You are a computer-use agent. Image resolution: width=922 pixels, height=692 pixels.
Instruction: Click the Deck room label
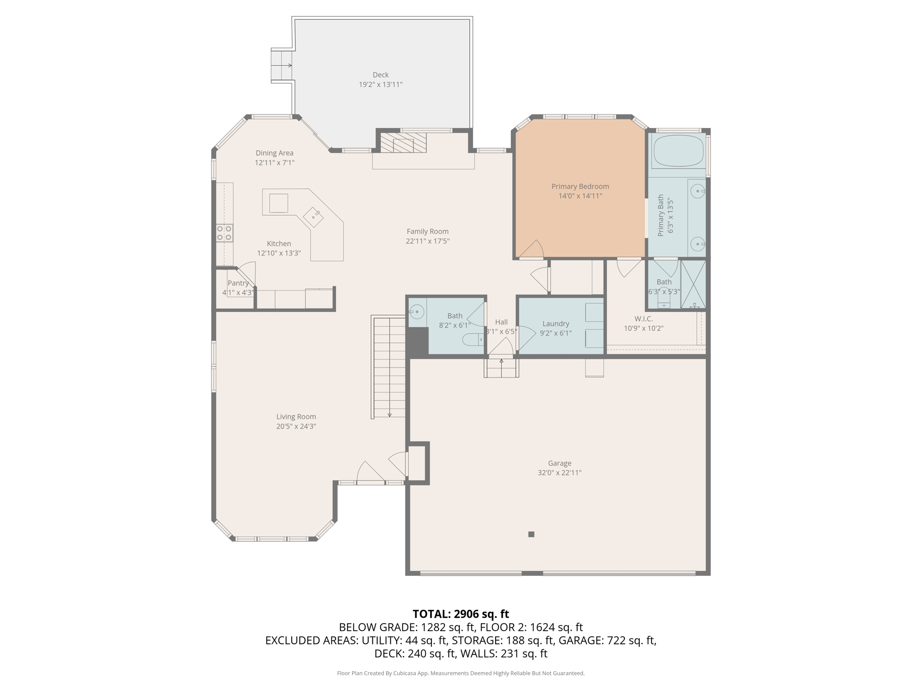tap(380, 75)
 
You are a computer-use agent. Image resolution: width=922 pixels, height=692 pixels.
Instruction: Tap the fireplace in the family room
tap(403, 142)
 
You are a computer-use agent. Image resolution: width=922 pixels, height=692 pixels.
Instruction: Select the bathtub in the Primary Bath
tap(678, 150)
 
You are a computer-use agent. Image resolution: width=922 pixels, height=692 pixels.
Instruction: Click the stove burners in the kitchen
tap(224, 233)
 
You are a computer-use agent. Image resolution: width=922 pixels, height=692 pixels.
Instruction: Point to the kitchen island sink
tap(313, 218)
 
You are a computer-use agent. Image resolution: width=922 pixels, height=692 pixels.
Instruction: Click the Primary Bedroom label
tap(580, 187)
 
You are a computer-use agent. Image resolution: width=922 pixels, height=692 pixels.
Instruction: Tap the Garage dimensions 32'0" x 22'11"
tap(560, 473)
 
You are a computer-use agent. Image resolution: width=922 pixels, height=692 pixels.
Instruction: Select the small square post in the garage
tap(531, 534)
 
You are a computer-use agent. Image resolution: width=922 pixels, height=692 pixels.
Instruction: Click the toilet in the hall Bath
tap(473, 339)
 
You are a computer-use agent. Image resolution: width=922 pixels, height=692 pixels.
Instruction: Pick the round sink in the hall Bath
tap(416, 311)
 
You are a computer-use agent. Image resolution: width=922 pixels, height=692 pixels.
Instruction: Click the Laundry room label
tap(556, 323)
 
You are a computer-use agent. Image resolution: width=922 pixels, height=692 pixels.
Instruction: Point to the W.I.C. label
tap(644, 319)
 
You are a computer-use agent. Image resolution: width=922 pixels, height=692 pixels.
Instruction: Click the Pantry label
tap(238, 283)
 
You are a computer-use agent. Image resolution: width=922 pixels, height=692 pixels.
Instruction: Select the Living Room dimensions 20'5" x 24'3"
tap(296, 426)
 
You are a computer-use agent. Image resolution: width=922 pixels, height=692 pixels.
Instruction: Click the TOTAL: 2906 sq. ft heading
tap(461, 614)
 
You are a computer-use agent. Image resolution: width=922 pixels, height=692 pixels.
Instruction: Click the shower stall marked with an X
tap(693, 284)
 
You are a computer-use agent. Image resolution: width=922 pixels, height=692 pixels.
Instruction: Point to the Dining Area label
tap(275, 153)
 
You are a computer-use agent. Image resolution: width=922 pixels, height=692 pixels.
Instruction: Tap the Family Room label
tap(428, 232)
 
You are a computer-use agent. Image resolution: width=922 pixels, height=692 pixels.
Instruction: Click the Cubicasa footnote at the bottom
tap(461, 674)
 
